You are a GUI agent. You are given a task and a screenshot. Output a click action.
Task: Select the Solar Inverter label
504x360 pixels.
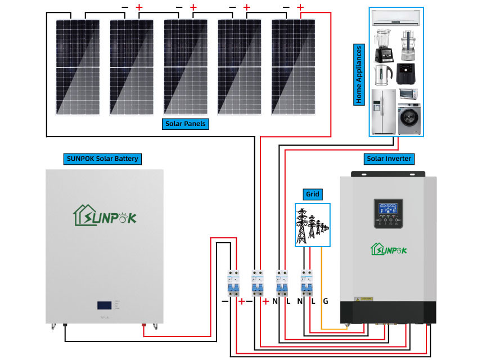[388, 159]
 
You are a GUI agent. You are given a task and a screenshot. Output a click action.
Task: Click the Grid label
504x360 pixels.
[312, 195]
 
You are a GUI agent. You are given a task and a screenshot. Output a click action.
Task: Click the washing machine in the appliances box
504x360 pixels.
[409, 119]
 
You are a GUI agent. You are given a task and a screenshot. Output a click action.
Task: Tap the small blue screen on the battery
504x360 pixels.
[104, 306]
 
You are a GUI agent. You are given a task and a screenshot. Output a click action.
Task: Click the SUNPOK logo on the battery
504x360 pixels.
[105, 215]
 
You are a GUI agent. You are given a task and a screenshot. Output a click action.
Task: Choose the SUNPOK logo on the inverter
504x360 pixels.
[388, 248]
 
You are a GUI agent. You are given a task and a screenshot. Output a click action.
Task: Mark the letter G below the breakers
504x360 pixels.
[325, 301]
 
